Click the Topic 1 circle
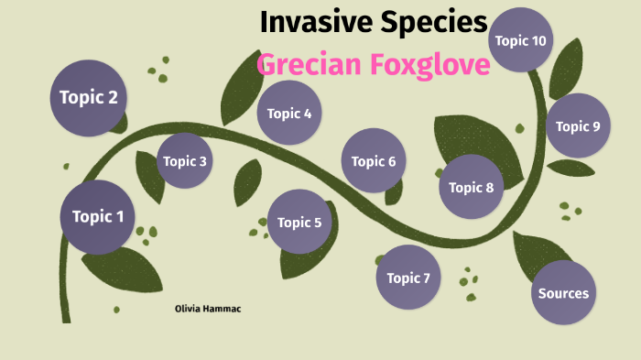pos(98,217)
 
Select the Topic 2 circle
pos(88,98)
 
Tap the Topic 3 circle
pos(185,162)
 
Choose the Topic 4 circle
pos(289,114)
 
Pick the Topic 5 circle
pos(299,222)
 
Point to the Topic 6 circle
pos(374,161)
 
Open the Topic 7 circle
pos(408,278)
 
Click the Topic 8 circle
pos(472,188)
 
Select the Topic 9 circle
pos(578,126)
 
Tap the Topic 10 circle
pos(520,40)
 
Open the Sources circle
pos(563,293)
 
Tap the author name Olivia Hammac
pos(208,310)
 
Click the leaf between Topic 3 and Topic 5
pos(247,181)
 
